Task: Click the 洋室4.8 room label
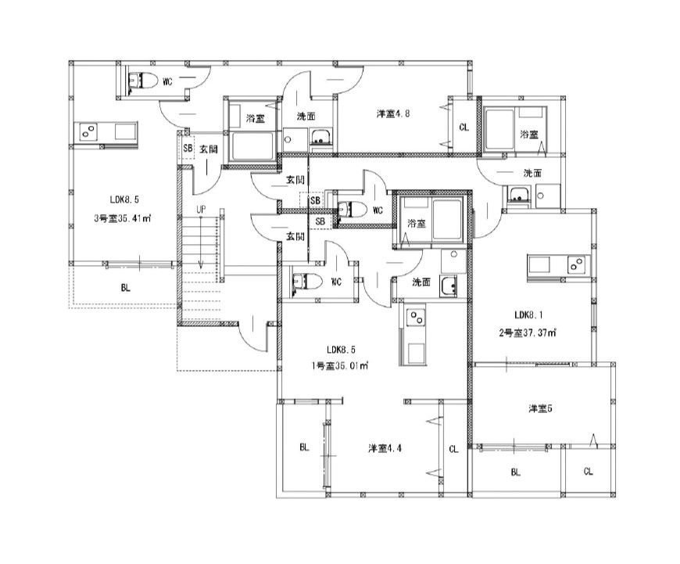click(x=393, y=114)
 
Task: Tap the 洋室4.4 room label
click(x=385, y=448)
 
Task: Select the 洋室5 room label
click(x=540, y=408)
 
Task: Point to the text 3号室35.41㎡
click(x=122, y=218)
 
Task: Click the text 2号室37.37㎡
click(x=528, y=333)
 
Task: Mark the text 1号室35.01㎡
click(x=339, y=365)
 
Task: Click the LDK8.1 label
click(x=528, y=314)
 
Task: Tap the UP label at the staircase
click(x=201, y=210)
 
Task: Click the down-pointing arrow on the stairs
click(x=201, y=242)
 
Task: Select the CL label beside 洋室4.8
click(x=464, y=128)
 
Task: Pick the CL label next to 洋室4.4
click(x=453, y=449)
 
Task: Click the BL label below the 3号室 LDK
click(x=126, y=288)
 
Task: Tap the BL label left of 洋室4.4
click(x=305, y=447)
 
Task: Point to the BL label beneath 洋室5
click(x=516, y=472)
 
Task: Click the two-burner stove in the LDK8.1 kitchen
click(x=576, y=264)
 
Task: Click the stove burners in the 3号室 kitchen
click(x=88, y=131)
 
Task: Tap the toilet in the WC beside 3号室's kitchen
click(x=144, y=81)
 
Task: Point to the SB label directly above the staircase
click(x=188, y=148)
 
